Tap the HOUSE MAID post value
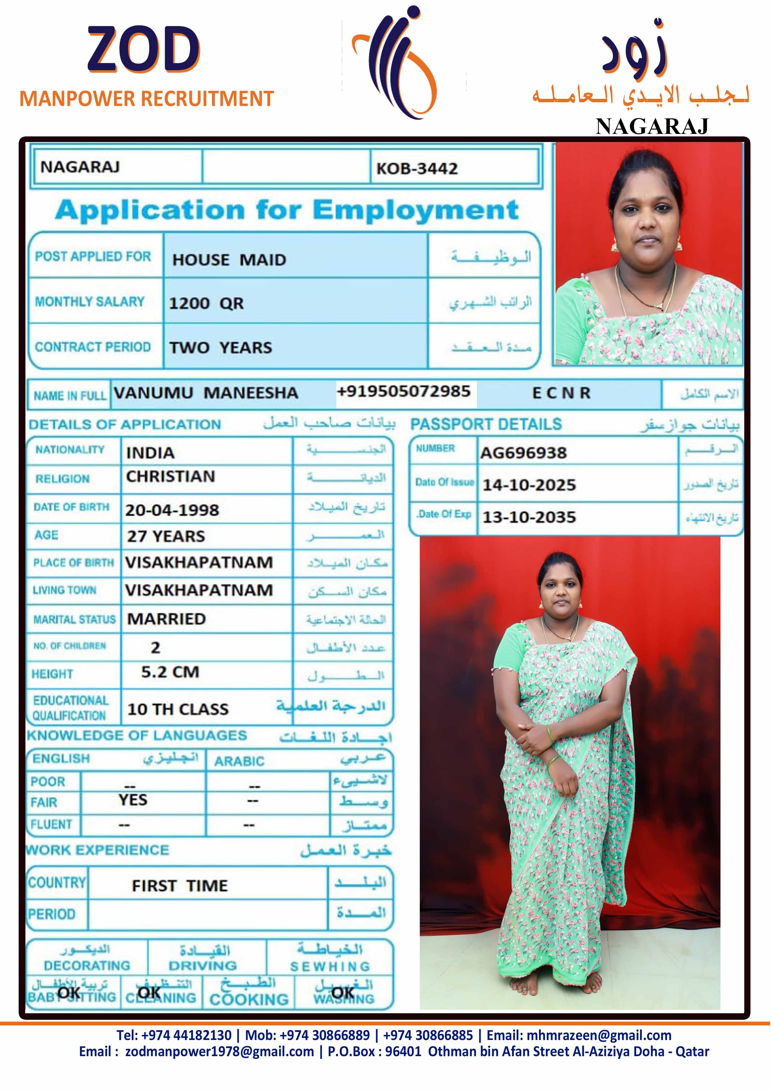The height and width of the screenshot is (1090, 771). pos(229,260)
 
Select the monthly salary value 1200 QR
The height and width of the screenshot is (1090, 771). pos(206,303)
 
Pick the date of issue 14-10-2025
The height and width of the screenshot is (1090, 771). pos(529,485)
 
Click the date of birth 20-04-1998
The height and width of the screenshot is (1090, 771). pos(172,510)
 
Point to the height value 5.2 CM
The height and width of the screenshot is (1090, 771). pos(170,672)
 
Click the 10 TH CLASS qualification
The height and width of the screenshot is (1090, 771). pos(178,709)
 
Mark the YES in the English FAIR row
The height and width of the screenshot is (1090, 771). pos(133,800)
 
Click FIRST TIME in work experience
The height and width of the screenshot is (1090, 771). pos(180,886)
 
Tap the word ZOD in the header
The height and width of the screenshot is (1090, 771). pos(143,49)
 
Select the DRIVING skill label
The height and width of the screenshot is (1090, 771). pos(203,966)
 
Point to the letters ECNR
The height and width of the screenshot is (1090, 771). pos(561,393)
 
